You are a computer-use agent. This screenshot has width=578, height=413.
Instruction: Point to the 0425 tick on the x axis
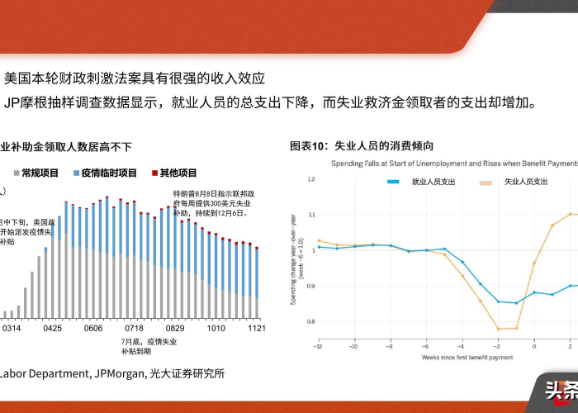click(x=53, y=328)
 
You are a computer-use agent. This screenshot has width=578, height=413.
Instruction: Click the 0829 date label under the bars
click(x=175, y=328)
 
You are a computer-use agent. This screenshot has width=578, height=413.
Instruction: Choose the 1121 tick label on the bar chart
click(x=256, y=328)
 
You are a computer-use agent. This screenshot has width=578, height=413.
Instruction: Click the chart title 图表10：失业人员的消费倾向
click(x=362, y=146)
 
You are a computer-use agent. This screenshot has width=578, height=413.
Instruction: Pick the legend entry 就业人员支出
click(x=432, y=181)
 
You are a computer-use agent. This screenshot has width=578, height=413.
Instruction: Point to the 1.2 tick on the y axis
click(x=310, y=179)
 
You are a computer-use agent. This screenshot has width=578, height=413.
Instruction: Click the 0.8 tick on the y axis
click(x=310, y=321)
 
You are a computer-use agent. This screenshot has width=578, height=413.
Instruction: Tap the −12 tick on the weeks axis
click(x=318, y=348)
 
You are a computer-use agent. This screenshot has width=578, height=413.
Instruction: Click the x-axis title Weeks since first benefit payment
click(x=467, y=358)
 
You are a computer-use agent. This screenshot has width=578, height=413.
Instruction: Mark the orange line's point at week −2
click(x=498, y=329)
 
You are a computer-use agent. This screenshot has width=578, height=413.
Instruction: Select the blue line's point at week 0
click(x=534, y=292)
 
